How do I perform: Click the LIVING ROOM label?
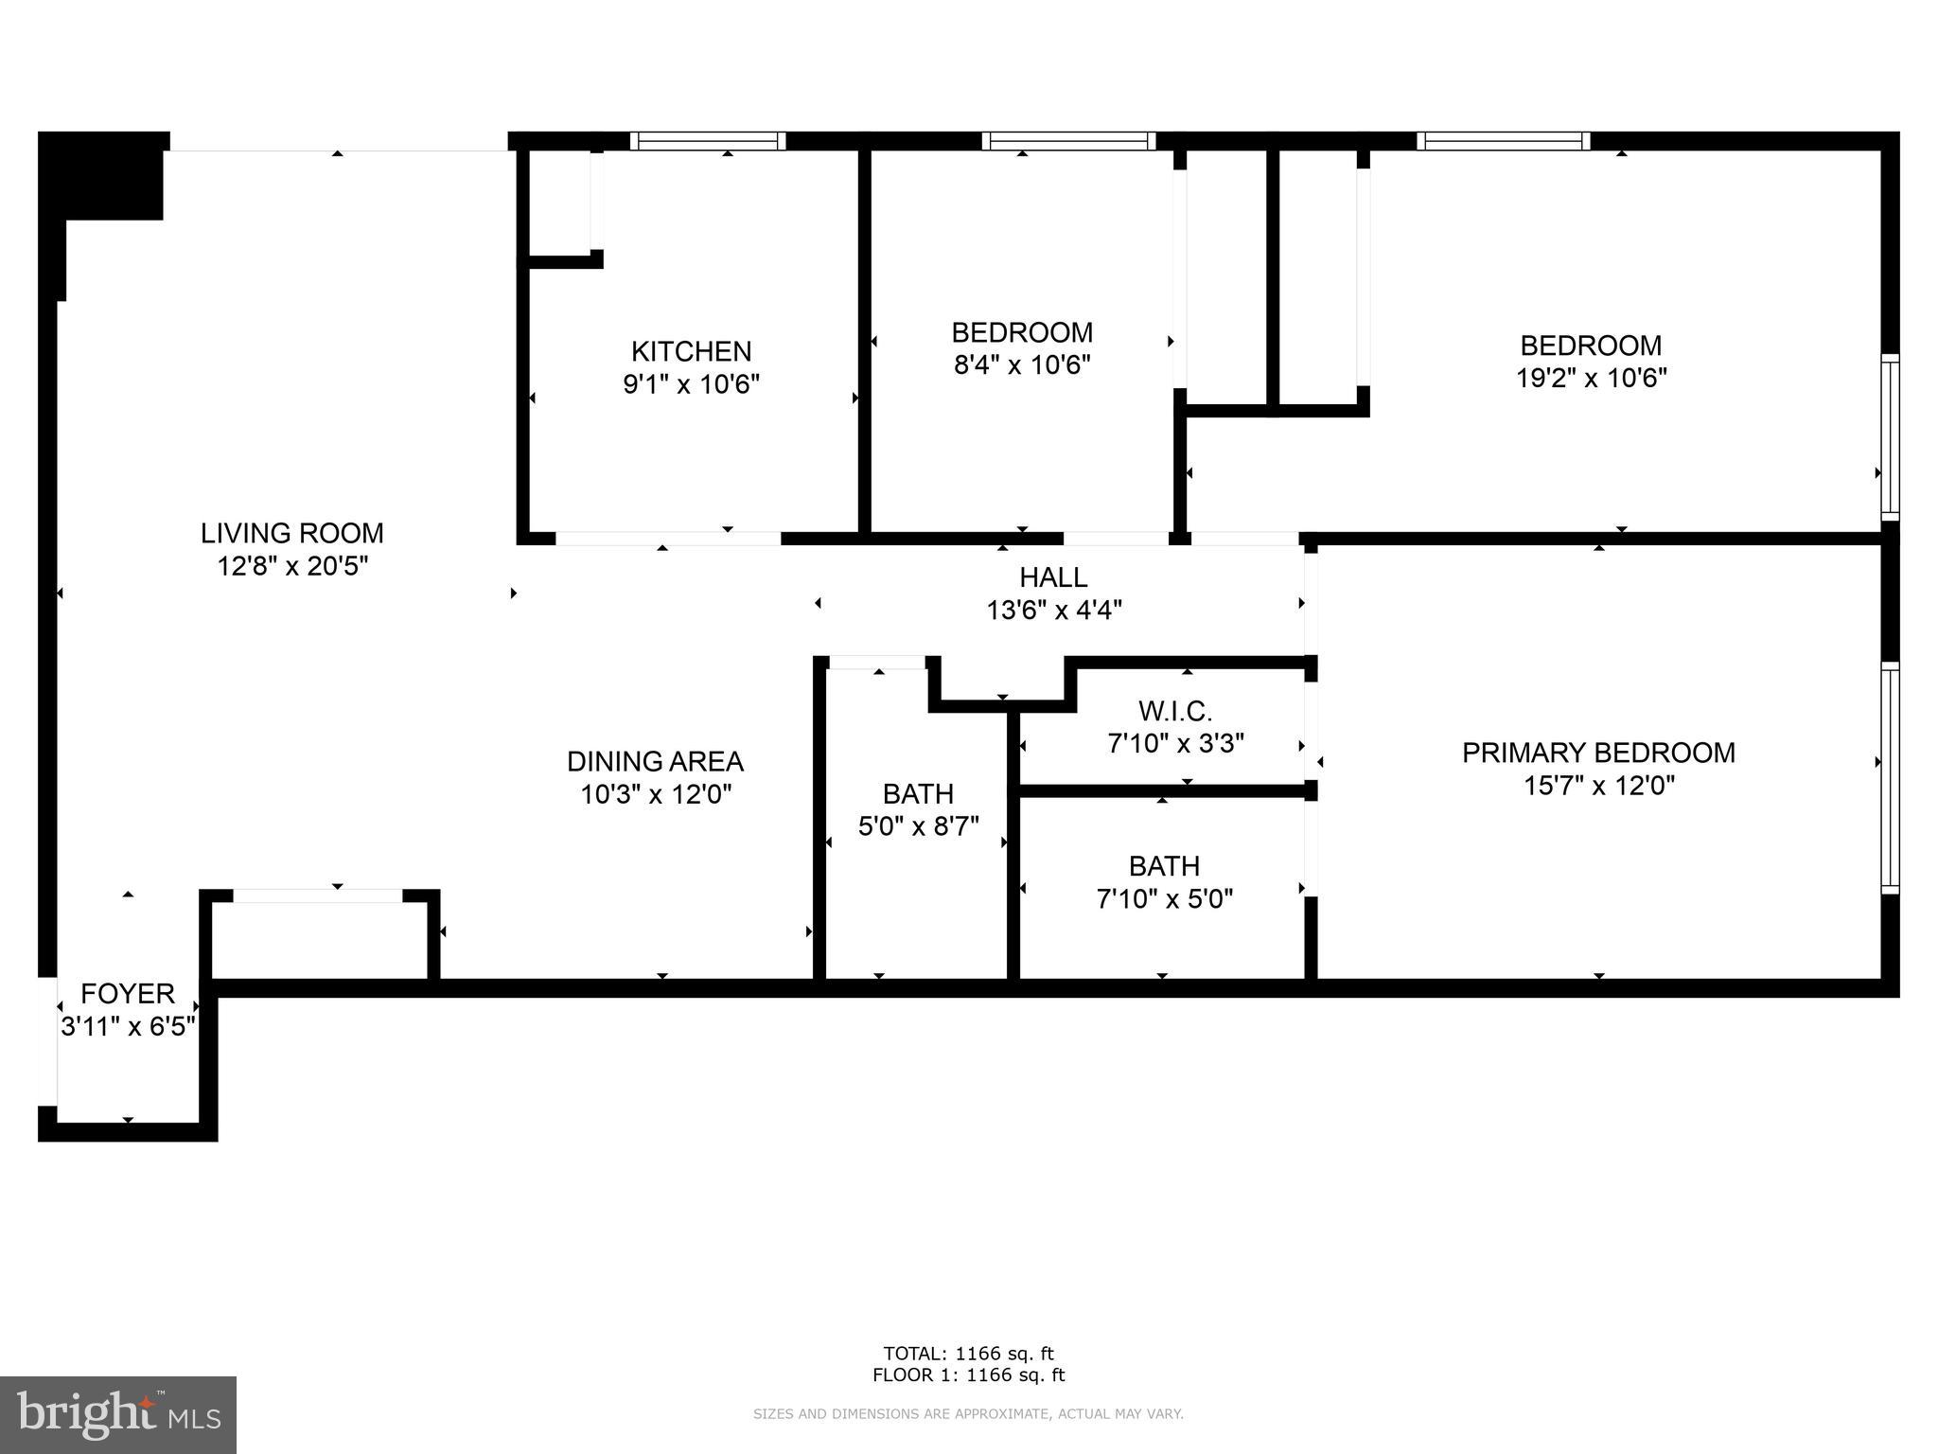(x=291, y=533)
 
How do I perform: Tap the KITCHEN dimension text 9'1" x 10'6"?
(x=691, y=384)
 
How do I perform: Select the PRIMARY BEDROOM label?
(x=1598, y=753)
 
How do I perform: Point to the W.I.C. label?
(x=1175, y=711)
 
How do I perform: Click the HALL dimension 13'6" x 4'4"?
(x=1054, y=610)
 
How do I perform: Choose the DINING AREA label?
(x=655, y=761)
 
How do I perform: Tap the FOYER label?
(x=128, y=994)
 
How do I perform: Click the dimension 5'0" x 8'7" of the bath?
(x=918, y=826)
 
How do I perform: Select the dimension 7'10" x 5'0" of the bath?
(x=1164, y=898)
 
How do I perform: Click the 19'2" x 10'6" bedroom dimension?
(x=1591, y=378)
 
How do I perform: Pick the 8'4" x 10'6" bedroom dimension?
(x=1022, y=364)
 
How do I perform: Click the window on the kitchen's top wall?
(x=708, y=141)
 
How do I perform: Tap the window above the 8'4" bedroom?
(x=1069, y=141)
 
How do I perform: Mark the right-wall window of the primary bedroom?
(x=1889, y=777)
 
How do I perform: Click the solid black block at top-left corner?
(x=102, y=176)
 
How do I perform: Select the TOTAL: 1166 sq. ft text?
(x=968, y=1354)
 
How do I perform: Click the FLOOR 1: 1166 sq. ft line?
(x=968, y=1375)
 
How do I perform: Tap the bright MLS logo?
(x=118, y=1414)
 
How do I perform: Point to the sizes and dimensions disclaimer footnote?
(x=968, y=1414)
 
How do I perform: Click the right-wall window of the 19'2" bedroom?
(x=1889, y=436)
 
